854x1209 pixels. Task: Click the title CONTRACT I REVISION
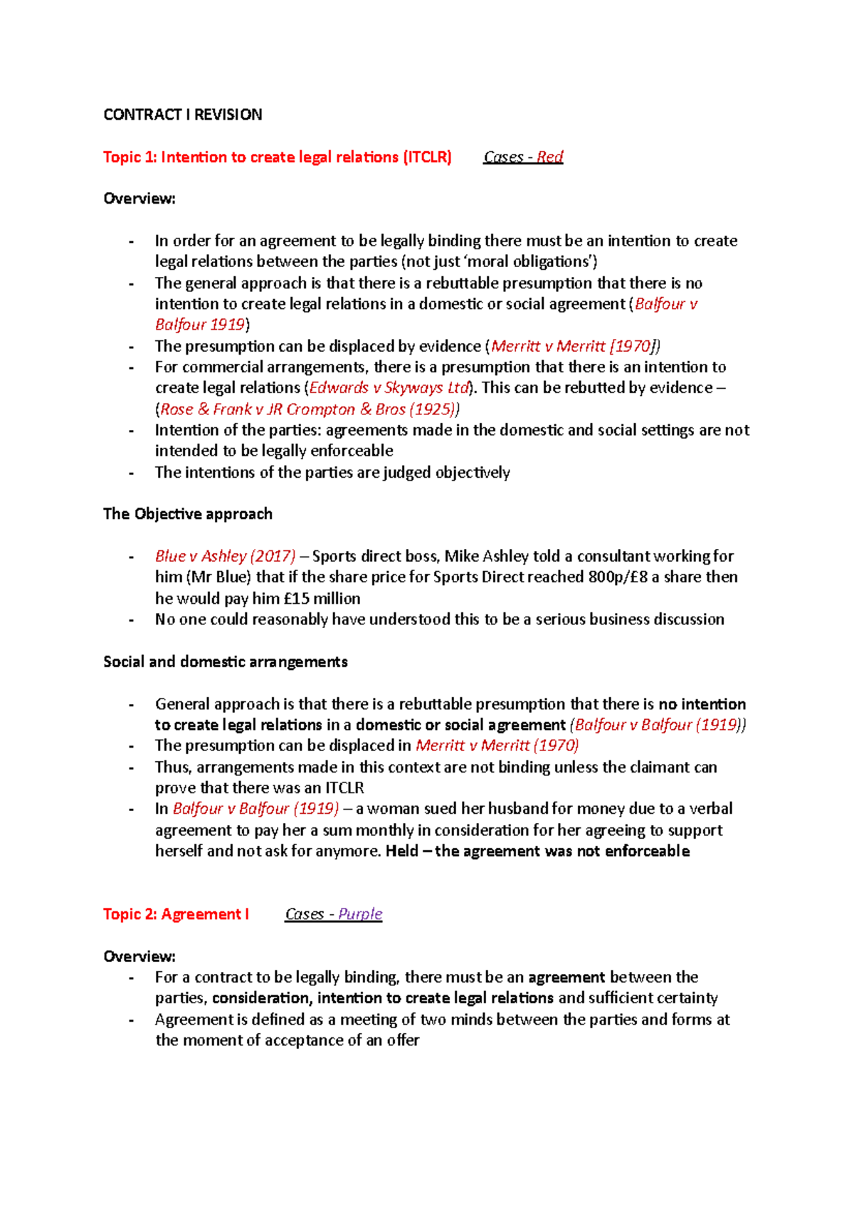tap(182, 115)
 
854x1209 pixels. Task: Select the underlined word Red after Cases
tap(549, 157)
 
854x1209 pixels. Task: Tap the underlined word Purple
tap(360, 914)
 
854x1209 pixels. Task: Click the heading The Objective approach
tap(188, 513)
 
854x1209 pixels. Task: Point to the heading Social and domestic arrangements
tap(225, 661)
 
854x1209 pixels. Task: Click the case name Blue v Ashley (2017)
tap(225, 555)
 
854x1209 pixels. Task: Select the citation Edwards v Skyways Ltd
tap(389, 387)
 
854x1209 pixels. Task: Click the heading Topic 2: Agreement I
tap(176, 914)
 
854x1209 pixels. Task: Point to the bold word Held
tap(401, 851)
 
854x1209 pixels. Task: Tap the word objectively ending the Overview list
tap(473, 472)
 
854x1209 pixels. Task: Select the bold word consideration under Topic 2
tap(260, 998)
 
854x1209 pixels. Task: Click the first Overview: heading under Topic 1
tap(139, 199)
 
